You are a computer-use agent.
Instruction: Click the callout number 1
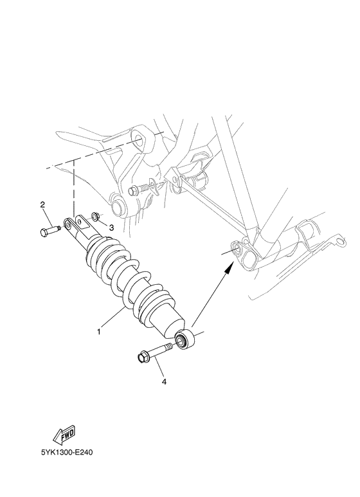[98, 332]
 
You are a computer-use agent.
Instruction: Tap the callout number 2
[42, 205]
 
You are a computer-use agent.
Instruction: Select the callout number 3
[111, 227]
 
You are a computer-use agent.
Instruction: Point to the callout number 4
[164, 381]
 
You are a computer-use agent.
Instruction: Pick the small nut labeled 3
[95, 216]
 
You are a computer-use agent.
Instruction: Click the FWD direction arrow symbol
[66, 438]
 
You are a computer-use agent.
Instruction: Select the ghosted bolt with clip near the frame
[145, 190]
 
